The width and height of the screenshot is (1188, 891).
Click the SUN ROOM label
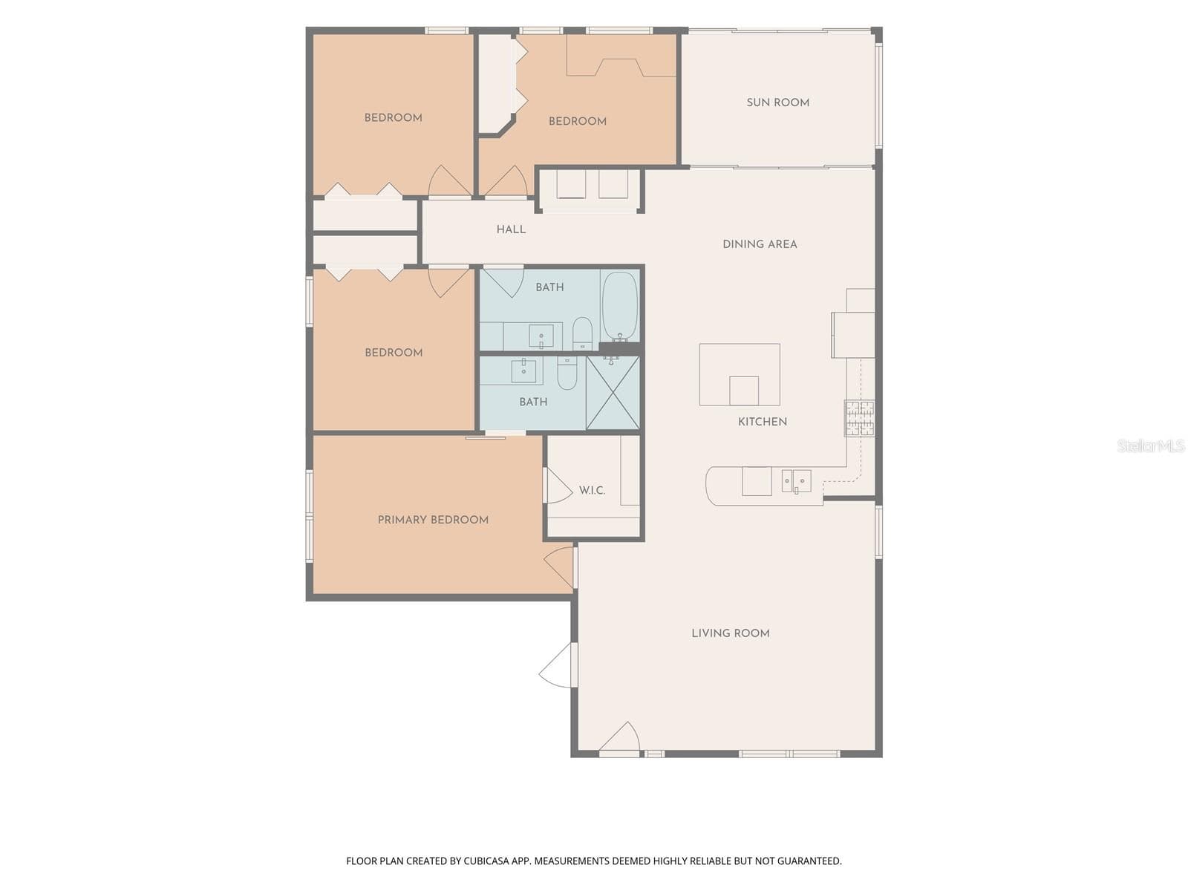pyautogui.click(x=777, y=102)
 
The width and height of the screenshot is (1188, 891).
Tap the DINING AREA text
pyautogui.click(x=760, y=244)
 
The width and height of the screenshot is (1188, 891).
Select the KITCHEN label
pyautogui.click(x=763, y=422)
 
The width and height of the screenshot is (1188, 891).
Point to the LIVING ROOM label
pyautogui.click(x=731, y=633)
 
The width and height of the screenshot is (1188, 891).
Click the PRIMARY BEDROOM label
pyautogui.click(x=433, y=520)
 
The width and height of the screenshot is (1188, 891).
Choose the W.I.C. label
pyautogui.click(x=592, y=491)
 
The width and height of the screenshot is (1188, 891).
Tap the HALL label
pyautogui.click(x=511, y=229)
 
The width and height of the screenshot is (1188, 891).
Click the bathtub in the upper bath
pyautogui.click(x=620, y=307)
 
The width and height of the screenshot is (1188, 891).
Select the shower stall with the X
pyautogui.click(x=613, y=393)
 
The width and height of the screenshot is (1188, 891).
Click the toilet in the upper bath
pyautogui.click(x=582, y=333)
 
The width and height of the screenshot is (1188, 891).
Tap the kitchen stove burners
pyautogui.click(x=860, y=418)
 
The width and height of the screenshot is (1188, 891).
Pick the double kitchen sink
pyautogui.click(x=797, y=481)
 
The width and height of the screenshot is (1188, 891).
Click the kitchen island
pyautogui.click(x=740, y=374)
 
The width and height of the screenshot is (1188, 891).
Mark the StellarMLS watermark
pyautogui.click(x=1151, y=446)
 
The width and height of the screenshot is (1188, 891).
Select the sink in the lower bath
pyautogui.click(x=523, y=371)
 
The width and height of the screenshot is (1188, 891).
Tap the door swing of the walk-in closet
pyautogui.click(x=558, y=486)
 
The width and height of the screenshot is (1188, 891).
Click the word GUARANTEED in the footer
pyautogui.click(x=809, y=861)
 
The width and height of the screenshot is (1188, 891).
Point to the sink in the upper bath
pyautogui.click(x=541, y=336)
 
